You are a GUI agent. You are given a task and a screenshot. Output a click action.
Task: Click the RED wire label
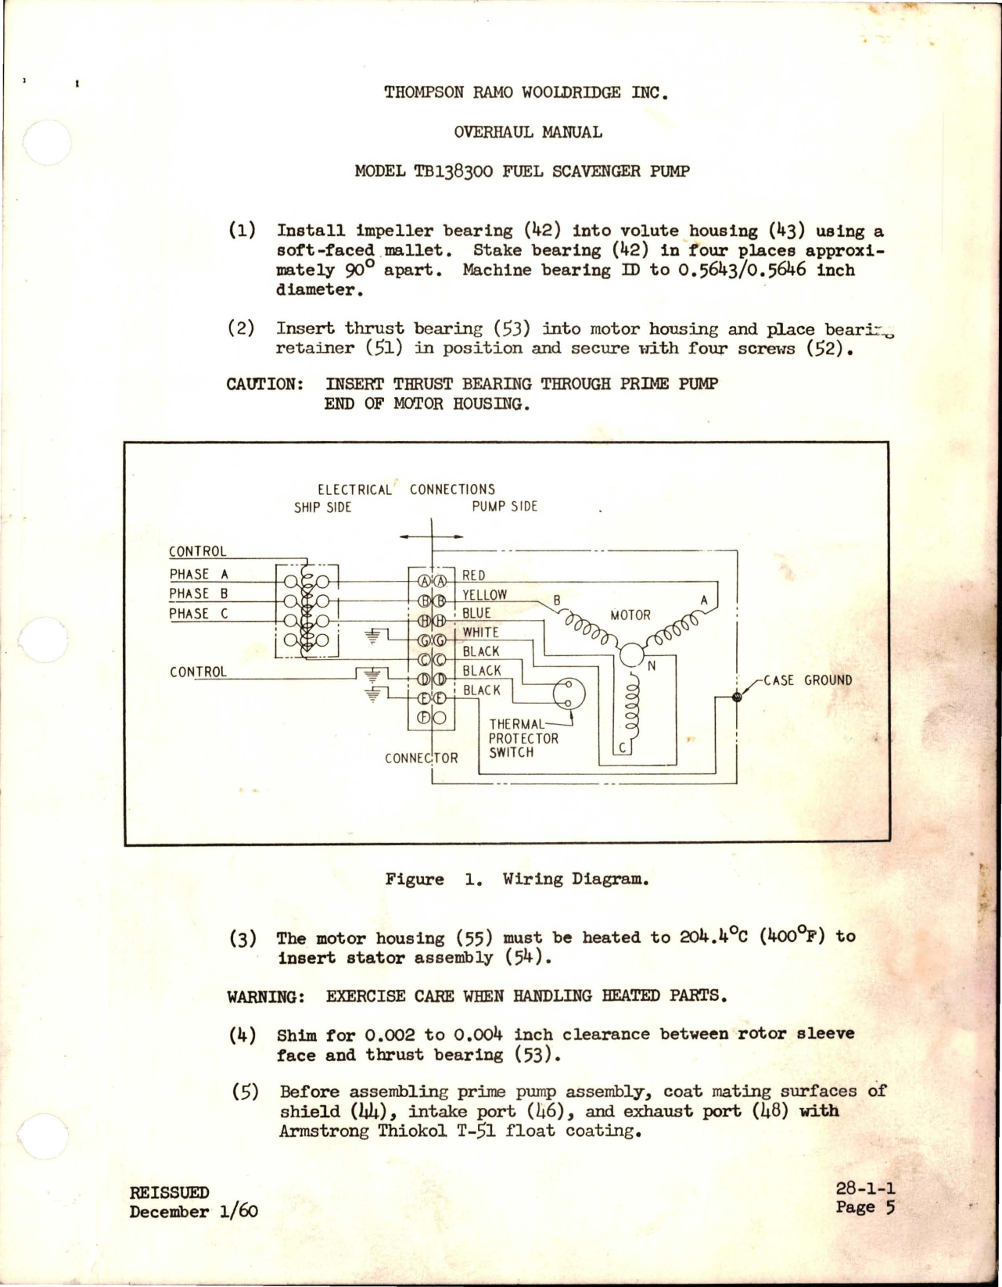point(474,575)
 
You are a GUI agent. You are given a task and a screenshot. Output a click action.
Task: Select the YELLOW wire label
point(484,594)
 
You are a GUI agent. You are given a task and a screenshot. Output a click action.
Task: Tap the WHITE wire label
point(480,632)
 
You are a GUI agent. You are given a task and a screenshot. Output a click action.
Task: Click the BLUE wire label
point(476,613)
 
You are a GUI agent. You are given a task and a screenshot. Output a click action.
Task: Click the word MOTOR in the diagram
point(630,615)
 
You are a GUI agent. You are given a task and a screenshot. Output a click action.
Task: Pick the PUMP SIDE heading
point(505,507)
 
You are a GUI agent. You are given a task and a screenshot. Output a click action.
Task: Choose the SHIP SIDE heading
point(323,507)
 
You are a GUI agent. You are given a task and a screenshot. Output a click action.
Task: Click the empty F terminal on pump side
point(439,718)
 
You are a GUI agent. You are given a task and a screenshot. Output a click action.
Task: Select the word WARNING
point(264,996)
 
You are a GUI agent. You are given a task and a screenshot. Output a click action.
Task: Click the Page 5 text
point(864,1206)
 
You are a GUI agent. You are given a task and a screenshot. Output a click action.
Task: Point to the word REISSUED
point(169,1192)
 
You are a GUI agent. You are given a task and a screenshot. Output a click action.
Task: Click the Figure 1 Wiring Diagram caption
point(517,879)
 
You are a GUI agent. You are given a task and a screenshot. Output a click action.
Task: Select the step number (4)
point(243,1034)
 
